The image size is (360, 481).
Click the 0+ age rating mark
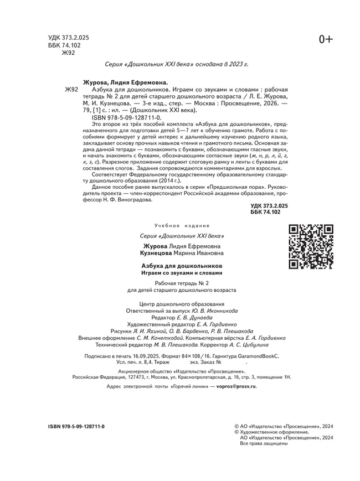coord(326,38)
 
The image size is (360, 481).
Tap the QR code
coord(311,246)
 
